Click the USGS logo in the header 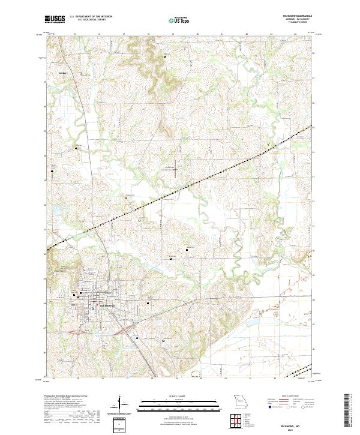[x=55, y=19]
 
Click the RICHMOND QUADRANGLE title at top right [x=299, y=16]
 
